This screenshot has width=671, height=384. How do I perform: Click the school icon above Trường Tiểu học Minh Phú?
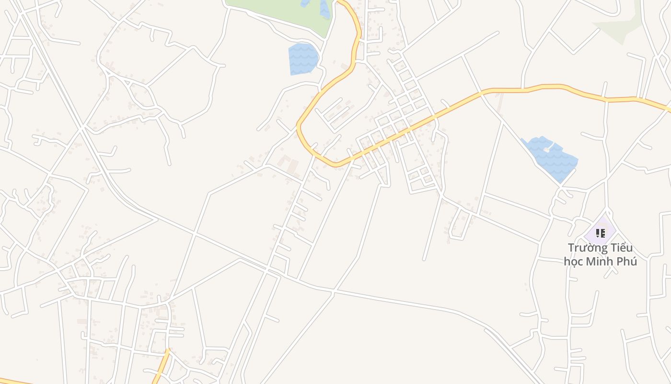[600, 233]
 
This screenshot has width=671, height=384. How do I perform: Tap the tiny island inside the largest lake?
[546, 149]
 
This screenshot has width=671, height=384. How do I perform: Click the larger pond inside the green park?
[324, 9]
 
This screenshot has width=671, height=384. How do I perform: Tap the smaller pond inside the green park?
[305, 3]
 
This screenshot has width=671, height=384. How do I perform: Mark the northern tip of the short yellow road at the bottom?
[168, 350]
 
